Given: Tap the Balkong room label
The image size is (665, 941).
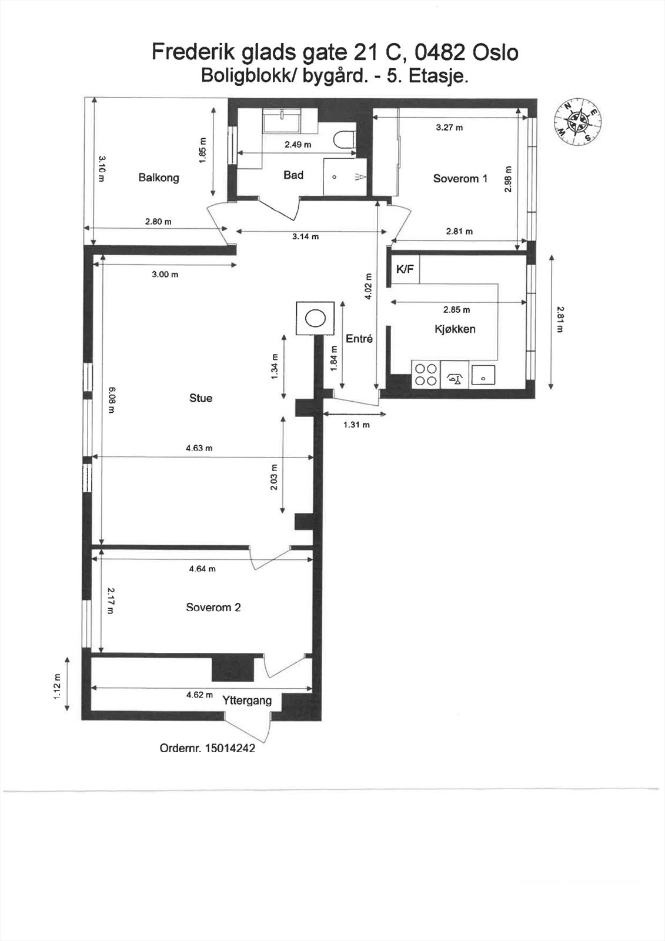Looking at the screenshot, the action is pos(159,178).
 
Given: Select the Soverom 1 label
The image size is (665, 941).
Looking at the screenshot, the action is pos(460,179).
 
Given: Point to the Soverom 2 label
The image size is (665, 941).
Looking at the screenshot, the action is pos(213,608).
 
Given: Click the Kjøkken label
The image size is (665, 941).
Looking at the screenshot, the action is pos(455,329).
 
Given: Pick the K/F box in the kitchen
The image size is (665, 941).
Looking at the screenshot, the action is pos(405,269).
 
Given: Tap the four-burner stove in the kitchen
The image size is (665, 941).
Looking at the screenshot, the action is pos(426,375).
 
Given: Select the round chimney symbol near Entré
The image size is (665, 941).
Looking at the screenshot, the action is pos(315,318).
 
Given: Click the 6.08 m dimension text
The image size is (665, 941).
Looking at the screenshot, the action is pos(111,400).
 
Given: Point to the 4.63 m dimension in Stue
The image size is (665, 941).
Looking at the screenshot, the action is pos(199,448).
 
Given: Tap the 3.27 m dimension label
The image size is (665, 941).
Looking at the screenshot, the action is pos(449,127).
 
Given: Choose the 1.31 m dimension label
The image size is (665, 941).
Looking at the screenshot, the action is pos(357,425).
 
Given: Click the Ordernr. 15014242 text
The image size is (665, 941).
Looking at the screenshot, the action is pos(208,748).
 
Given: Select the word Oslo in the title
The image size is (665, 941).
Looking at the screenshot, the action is pos(496,53).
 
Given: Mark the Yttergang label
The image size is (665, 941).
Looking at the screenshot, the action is pos(247,700).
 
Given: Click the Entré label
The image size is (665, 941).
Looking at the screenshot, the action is pos(359,339).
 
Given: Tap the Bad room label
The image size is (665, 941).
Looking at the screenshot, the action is pos(293,175).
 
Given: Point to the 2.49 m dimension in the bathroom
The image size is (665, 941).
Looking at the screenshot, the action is pos(298,145).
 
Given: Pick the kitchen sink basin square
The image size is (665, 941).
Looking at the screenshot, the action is pos(483,375).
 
